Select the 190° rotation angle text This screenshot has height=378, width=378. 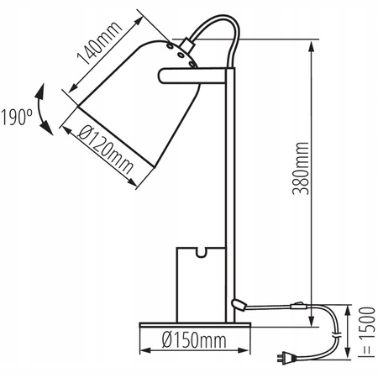16,114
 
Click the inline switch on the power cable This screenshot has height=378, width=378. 297,306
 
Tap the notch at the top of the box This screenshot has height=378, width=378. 201,250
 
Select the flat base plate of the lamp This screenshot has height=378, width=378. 192,324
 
